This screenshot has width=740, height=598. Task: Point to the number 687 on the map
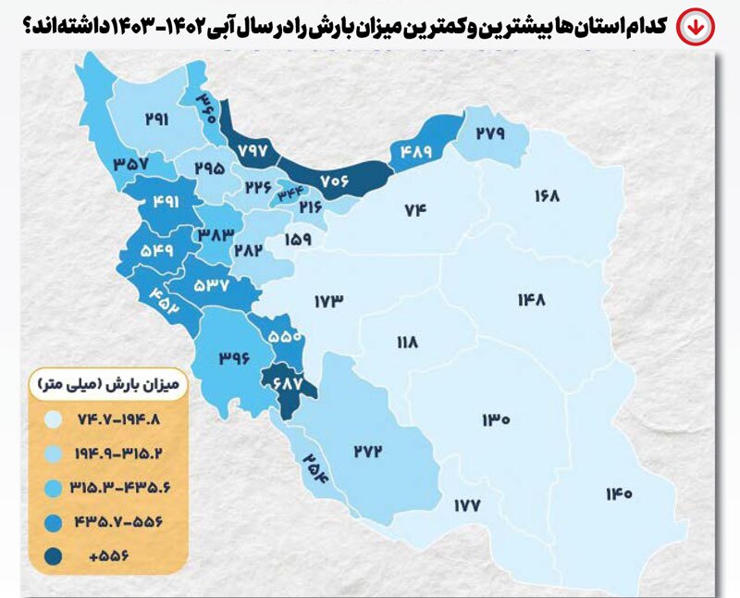point(283,380)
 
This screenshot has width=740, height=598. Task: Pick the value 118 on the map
point(407,343)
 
